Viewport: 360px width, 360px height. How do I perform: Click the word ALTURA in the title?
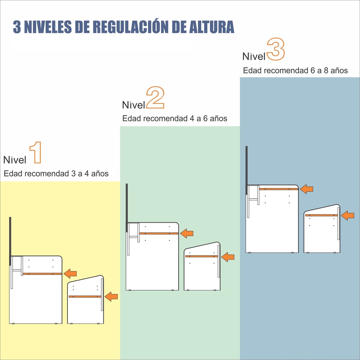tap(211, 27)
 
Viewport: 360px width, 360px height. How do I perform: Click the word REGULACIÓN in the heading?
tap(131, 27)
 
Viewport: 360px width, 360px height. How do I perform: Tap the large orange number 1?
tap(36, 153)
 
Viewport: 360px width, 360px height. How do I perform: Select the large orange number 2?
tap(155, 97)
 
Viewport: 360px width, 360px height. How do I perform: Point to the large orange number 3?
tap(276, 49)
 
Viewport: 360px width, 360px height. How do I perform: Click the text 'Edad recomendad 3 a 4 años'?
tap(56, 174)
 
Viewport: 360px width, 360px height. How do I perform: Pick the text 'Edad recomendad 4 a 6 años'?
tap(175, 118)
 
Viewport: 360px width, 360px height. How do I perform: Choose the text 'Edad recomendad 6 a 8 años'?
tap(295, 70)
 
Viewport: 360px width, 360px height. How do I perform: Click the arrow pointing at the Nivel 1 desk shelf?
tap(70, 274)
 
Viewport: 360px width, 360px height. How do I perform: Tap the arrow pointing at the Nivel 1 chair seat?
tap(111, 296)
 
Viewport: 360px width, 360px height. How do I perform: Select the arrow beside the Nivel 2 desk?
tap(187, 233)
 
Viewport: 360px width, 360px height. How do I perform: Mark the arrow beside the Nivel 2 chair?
tap(228, 257)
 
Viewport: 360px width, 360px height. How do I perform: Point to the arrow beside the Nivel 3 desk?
tap(307, 189)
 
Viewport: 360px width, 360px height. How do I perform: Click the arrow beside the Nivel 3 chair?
tap(348, 216)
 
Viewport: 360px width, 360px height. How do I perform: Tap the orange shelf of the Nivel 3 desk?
tap(278, 189)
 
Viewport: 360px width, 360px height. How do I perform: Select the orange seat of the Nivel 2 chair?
tap(201, 256)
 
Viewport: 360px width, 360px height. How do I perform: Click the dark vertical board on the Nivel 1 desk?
tap(10, 242)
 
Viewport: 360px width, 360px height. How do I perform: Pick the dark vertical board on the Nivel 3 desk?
tap(246, 171)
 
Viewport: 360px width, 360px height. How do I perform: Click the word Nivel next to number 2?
tap(134, 105)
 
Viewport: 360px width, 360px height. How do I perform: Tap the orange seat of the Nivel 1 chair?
tap(85, 296)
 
